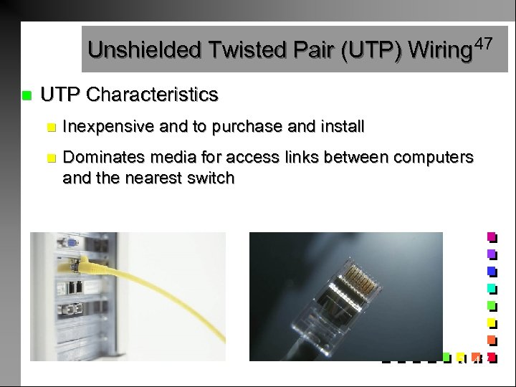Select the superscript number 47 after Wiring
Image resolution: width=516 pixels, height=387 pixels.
(x=483, y=44)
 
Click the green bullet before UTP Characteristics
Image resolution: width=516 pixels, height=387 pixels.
(x=27, y=95)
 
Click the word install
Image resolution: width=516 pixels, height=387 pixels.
(x=339, y=128)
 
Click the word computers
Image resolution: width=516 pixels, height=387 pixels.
(x=434, y=158)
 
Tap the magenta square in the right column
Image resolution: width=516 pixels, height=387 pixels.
(x=492, y=236)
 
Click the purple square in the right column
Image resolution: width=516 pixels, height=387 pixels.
(x=492, y=254)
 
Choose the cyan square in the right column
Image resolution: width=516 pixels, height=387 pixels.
(x=492, y=289)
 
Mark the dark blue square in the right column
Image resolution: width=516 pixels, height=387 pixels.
(x=492, y=272)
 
